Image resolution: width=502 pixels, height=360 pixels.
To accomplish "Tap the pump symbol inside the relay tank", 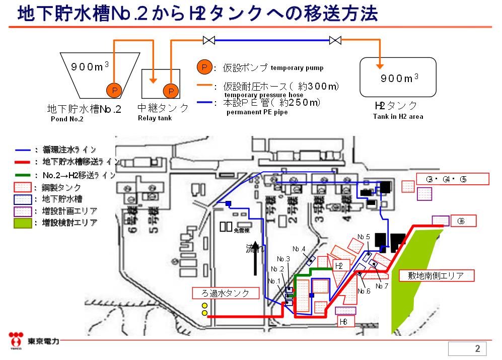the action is tap(171, 91).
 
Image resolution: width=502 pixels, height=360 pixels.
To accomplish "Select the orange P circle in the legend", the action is tap(203, 67).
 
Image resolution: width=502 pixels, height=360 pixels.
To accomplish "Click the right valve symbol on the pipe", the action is tap(335, 40).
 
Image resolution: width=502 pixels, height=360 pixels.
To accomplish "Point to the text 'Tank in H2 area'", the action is tap(398, 116).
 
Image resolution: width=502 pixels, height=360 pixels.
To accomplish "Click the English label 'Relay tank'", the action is tap(155, 118).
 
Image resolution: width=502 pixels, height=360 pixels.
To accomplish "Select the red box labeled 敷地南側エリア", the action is tap(437, 275).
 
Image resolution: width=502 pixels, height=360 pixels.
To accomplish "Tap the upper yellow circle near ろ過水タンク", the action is tap(204, 306).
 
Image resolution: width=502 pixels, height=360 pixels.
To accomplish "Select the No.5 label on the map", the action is tap(364, 236).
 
